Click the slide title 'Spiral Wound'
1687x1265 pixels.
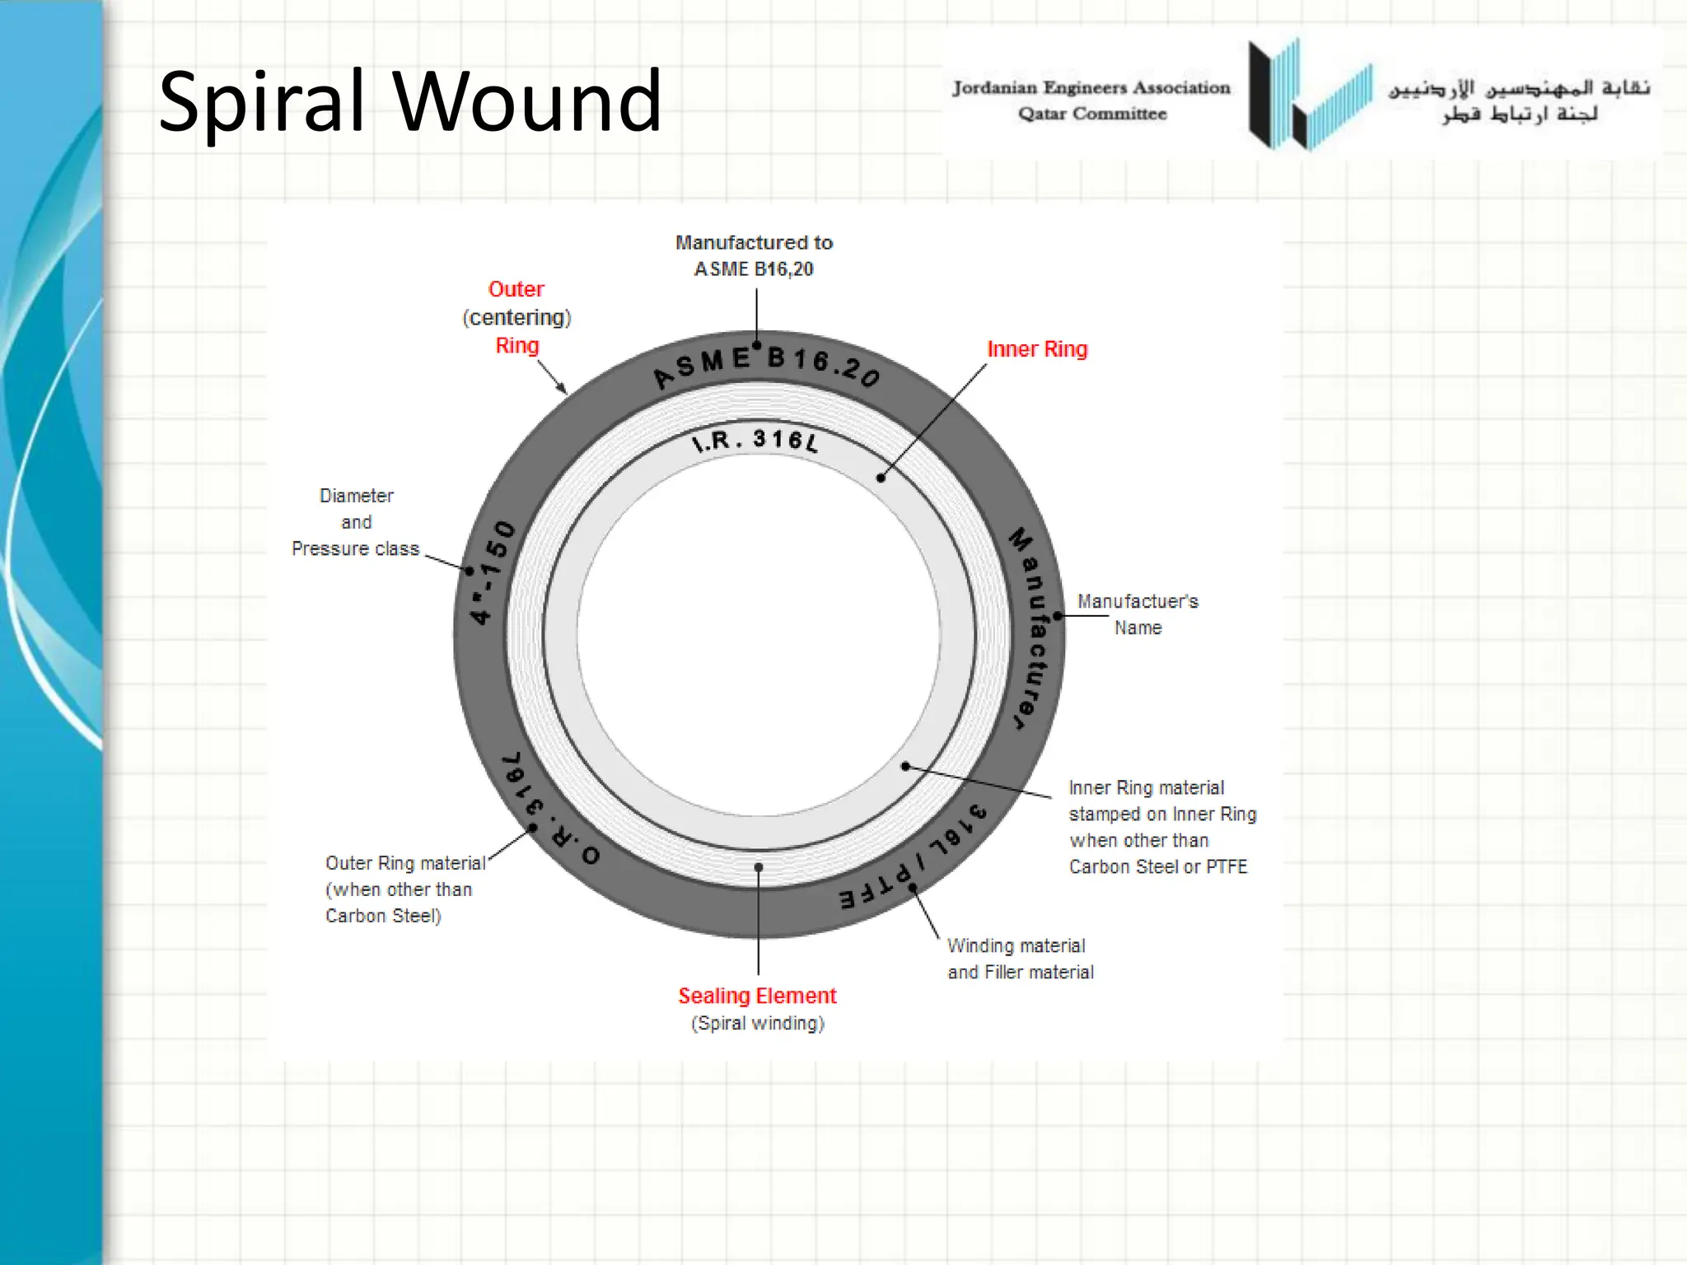click(x=409, y=102)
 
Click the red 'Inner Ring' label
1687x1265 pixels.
click(x=1036, y=349)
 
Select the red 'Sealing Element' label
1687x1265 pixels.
click(x=756, y=996)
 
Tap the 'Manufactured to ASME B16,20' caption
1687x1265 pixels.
click(x=754, y=255)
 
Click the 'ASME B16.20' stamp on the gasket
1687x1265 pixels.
click(x=766, y=365)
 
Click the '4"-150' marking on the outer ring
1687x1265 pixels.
click(x=493, y=572)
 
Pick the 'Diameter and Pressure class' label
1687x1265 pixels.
click(x=355, y=522)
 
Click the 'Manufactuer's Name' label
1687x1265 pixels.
click(x=1137, y=614)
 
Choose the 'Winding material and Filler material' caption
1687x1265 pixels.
click(x=1020, y=959)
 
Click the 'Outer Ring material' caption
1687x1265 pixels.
click(x=404, y=863)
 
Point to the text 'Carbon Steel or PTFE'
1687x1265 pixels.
click(x=1157, y=866)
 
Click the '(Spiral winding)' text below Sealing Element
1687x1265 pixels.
click(x=757, y=1024)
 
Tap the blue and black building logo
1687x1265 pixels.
click(x=1310, y=95)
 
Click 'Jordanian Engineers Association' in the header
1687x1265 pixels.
click(x=1091, y=87)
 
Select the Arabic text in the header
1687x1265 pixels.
click(x=1519, y=100)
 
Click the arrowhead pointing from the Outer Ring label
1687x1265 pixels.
click(x=563, y=389)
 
